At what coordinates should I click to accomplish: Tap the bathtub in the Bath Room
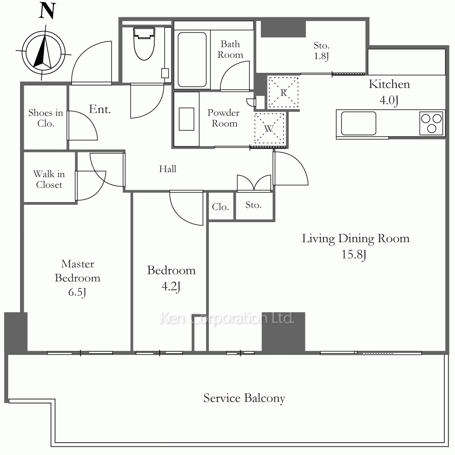[x=192, y=60]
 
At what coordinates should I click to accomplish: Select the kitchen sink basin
[x=359, y=123]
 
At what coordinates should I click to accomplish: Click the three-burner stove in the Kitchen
[x=431, y=123]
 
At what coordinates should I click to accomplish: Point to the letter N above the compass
[x=47, y=11]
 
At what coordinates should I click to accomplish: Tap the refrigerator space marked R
[x=283, y=92]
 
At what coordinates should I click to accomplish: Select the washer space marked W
[x=269, y=128]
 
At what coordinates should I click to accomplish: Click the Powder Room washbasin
[x=186, y=119]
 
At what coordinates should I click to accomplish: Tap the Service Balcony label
[x=244, y=398]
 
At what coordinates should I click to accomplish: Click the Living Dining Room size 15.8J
[x=354, y=254]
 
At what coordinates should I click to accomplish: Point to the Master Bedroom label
[x=77, y=271]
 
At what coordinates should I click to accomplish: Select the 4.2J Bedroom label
[x=171, y=278]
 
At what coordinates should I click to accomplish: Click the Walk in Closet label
[x=49, y=179]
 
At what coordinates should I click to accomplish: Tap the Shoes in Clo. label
[x=45, y=118]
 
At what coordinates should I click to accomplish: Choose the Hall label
[x=167, y=169]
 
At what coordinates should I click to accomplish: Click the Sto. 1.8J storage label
[x=321, y=51]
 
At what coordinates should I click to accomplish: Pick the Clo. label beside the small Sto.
[x=220, y=207]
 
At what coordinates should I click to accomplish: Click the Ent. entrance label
[x=100, y=109]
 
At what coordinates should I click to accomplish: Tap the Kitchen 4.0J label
[x=389, y=92]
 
